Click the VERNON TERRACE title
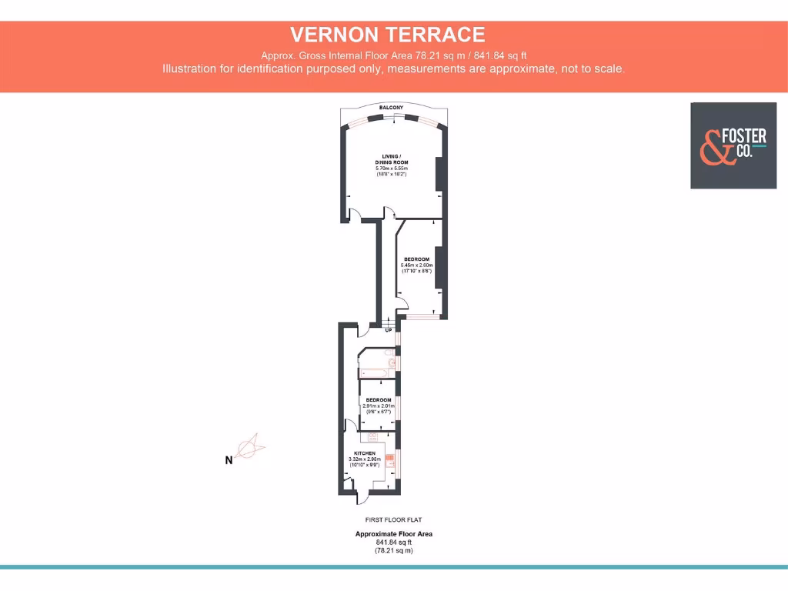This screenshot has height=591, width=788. click(x=387, y=35)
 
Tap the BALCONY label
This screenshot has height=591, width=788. click(x=391, y=107)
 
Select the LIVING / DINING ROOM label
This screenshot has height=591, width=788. click(x=391, y=159)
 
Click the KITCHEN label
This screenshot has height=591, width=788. click(x=364, y=453)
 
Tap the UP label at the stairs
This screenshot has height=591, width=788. click(x=389, y=330)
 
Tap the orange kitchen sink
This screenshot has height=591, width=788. click(x=390, y=462)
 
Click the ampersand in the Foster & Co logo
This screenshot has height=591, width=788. click(x=713, y=146)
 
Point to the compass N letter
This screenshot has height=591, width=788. click(x=228, y=461)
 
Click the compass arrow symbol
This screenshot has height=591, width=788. click(x=249, y=446)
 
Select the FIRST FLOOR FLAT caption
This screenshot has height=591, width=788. click(x=393, y=520)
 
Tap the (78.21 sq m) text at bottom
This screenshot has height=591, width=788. click(x=393, y=550)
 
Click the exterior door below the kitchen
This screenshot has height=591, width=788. click(x=351, y=498)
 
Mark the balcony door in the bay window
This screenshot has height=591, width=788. click(x=396, y=117)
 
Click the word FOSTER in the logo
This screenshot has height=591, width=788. click(x=746, y=137)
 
